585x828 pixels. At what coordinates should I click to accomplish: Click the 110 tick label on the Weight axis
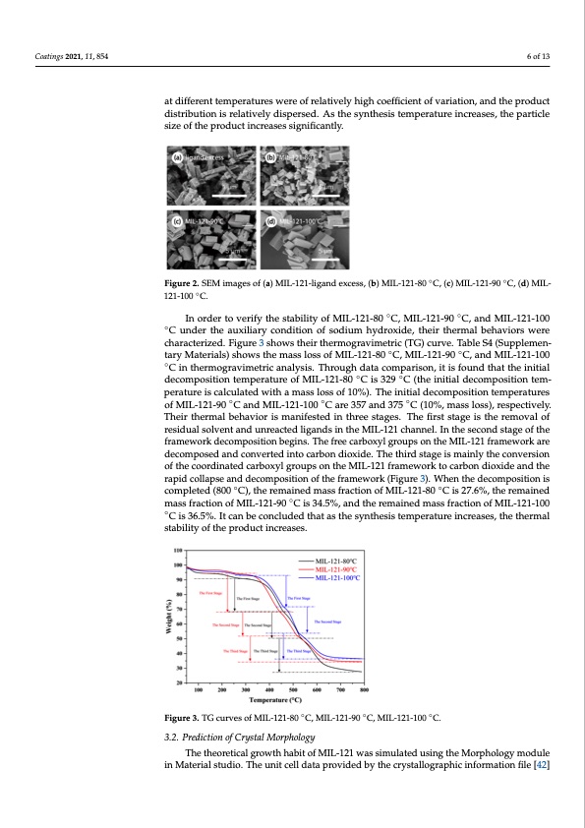point(178,552)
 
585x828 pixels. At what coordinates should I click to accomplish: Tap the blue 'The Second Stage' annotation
point(327,621)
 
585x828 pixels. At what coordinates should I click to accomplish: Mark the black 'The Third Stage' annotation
point(265,651)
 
